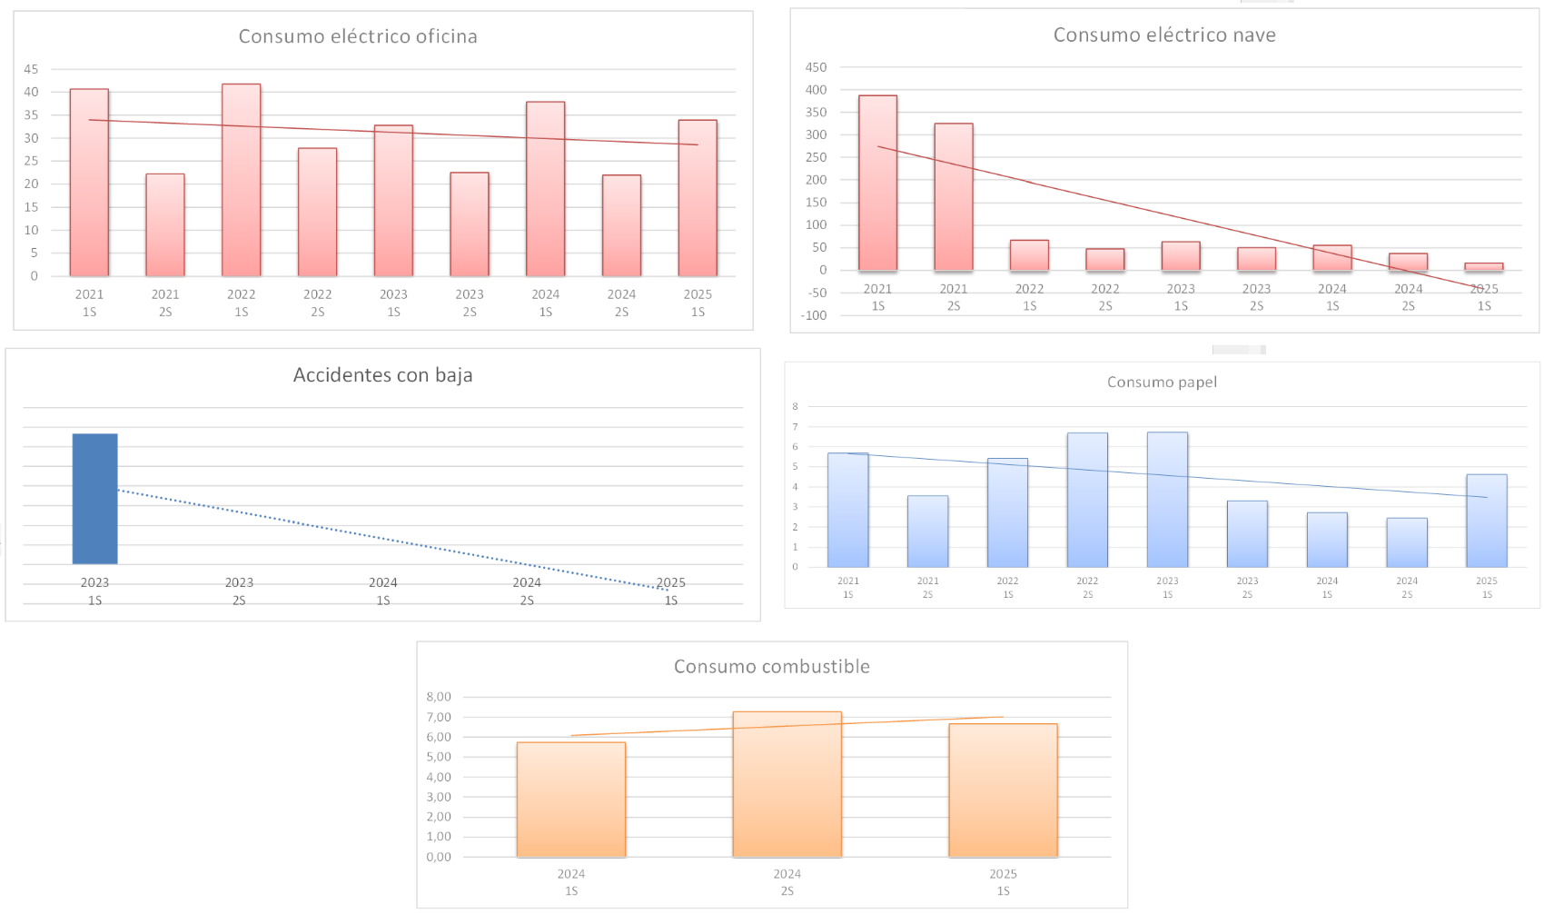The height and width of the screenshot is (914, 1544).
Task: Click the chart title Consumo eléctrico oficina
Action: click(x=358, y=36)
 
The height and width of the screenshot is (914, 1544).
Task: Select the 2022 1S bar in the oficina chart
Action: click(x=242, y=182)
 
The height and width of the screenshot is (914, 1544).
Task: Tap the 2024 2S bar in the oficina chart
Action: click(x=621, y=227)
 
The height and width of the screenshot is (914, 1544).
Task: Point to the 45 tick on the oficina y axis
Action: click(x=32, y=69)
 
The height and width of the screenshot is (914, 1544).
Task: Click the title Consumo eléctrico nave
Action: click(x=1164, y=35)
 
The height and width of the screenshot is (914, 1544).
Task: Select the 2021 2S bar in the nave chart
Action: click(x=954, y=197)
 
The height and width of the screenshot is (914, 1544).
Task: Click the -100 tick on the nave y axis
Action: click(x=816, y=315)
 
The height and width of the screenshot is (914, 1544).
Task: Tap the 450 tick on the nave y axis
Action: click(x=817, y=67)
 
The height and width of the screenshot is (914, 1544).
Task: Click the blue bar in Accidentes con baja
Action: click(x=95, y=499)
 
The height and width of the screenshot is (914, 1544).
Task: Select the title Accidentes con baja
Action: click(x=382, y=375)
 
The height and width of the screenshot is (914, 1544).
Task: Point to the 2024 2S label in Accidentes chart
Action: click(x=527, y=591)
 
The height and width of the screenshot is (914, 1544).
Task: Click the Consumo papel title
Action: click(x=1162, y=382)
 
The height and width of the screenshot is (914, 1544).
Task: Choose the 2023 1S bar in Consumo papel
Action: click(x=1167, y=500)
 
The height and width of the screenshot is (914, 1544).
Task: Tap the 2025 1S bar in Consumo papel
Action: click(x=1487, y=522)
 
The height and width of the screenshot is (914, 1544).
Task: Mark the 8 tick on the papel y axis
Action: click(x=796, y=406)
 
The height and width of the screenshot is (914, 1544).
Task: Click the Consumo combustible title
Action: click(x=772, y=667)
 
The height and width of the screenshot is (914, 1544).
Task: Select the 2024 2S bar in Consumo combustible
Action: click(x=787, y=785)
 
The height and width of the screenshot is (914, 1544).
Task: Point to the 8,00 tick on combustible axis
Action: click(x=439, y=697)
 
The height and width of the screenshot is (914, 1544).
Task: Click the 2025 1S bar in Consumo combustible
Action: click(x=1004, y=790)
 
